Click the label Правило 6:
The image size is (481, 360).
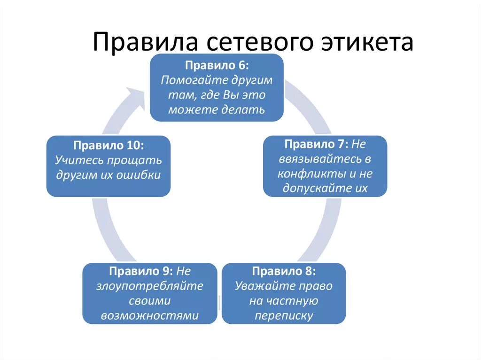tap(217, 65)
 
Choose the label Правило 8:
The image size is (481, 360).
tap(284, 271)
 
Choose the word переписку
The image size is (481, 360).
tap(284, 316)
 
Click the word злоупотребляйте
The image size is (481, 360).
tap(150, 286)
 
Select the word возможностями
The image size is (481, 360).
tap(150, 316)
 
